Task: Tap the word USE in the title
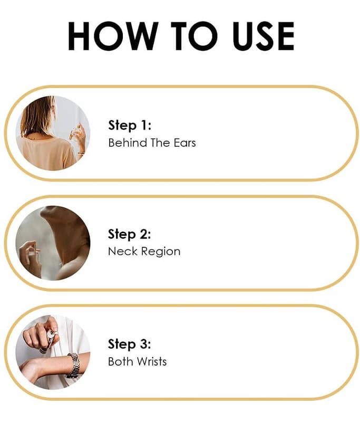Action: pos(264,36)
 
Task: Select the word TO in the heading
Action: pos(194,36)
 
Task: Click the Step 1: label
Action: pos(130,126)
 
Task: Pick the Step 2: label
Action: pos(129,234)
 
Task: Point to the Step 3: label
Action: pos(129,344)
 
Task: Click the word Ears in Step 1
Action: pos(184,142)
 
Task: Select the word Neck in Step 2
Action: pos(123,252)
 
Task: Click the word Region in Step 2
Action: pos(161,252)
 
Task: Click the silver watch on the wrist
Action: pos(73,365)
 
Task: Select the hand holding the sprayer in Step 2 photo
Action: pos(30,258)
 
